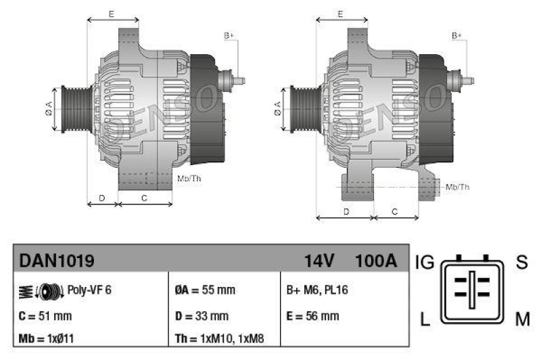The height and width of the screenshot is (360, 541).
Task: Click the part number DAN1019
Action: point(56,260)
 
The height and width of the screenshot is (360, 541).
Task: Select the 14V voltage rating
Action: point(319,260)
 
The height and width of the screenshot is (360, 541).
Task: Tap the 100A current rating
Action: point(376,260)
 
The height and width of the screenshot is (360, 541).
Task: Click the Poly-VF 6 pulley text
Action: point(89,290)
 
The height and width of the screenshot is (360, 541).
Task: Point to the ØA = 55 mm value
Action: point(205,290)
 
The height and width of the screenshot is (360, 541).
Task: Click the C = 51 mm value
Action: point(45,316)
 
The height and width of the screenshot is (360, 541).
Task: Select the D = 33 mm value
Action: point(202,316)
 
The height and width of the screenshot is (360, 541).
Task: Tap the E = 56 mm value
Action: point(313,316)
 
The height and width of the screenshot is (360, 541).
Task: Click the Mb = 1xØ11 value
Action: point(47,338)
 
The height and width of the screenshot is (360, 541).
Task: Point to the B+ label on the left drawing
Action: point(229,35)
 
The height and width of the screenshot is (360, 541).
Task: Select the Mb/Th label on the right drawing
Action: point(458,187)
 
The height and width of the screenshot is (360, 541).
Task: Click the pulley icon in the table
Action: point(48,291)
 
